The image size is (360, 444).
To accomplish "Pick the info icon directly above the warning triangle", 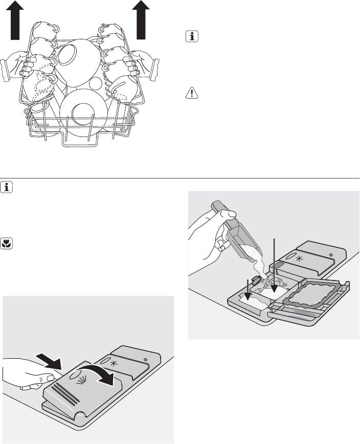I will tap(190, 38).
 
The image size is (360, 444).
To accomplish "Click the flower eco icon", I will tap(7, 243).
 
